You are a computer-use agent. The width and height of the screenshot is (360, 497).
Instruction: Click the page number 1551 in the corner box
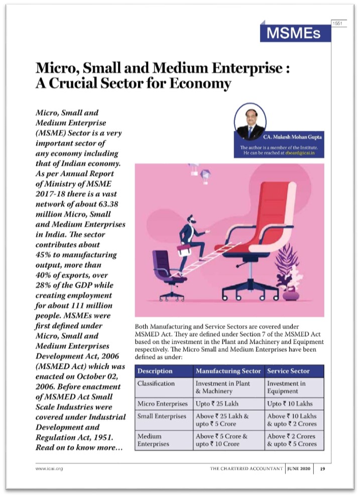click(x=339, y=24)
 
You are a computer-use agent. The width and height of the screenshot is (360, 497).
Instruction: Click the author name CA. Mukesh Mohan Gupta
click(x=295, y=137)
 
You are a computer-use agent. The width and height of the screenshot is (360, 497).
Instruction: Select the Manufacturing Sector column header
click(x=228, y=371)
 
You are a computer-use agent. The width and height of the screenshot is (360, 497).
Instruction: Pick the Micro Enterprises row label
click(x=163, y=404)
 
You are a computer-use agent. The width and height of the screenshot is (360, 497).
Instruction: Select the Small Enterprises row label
click(x=163, y=416)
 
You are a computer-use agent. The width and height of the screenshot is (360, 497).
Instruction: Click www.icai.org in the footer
click(x=49, y=468)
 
